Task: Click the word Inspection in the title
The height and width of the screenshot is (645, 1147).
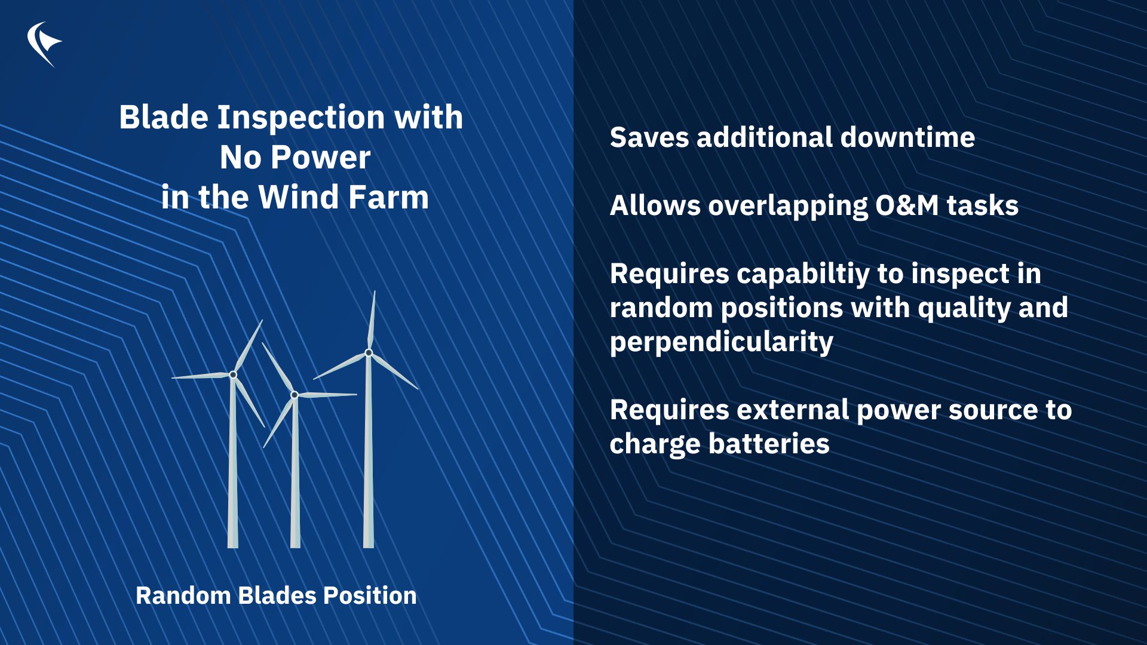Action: coord(301,118)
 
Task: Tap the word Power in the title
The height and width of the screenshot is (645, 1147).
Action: coord(320,158)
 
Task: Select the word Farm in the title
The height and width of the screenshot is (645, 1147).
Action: coord(388,197)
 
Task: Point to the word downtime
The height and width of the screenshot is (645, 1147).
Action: coord(907,137)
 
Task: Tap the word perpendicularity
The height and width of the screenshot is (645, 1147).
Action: coord(721,342)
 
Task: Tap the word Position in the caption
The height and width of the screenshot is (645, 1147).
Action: coord(370,595)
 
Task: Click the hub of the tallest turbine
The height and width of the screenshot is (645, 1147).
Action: coord(369,353)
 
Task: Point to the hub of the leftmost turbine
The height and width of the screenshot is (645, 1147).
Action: coord(233,374)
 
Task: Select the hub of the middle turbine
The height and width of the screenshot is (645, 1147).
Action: coord(295,395)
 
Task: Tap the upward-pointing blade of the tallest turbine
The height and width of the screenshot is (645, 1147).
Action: coord(372,320)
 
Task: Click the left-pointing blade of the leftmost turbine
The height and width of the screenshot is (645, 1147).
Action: coord(201,376)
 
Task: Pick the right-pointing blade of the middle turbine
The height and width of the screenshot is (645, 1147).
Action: coord(327,395)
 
